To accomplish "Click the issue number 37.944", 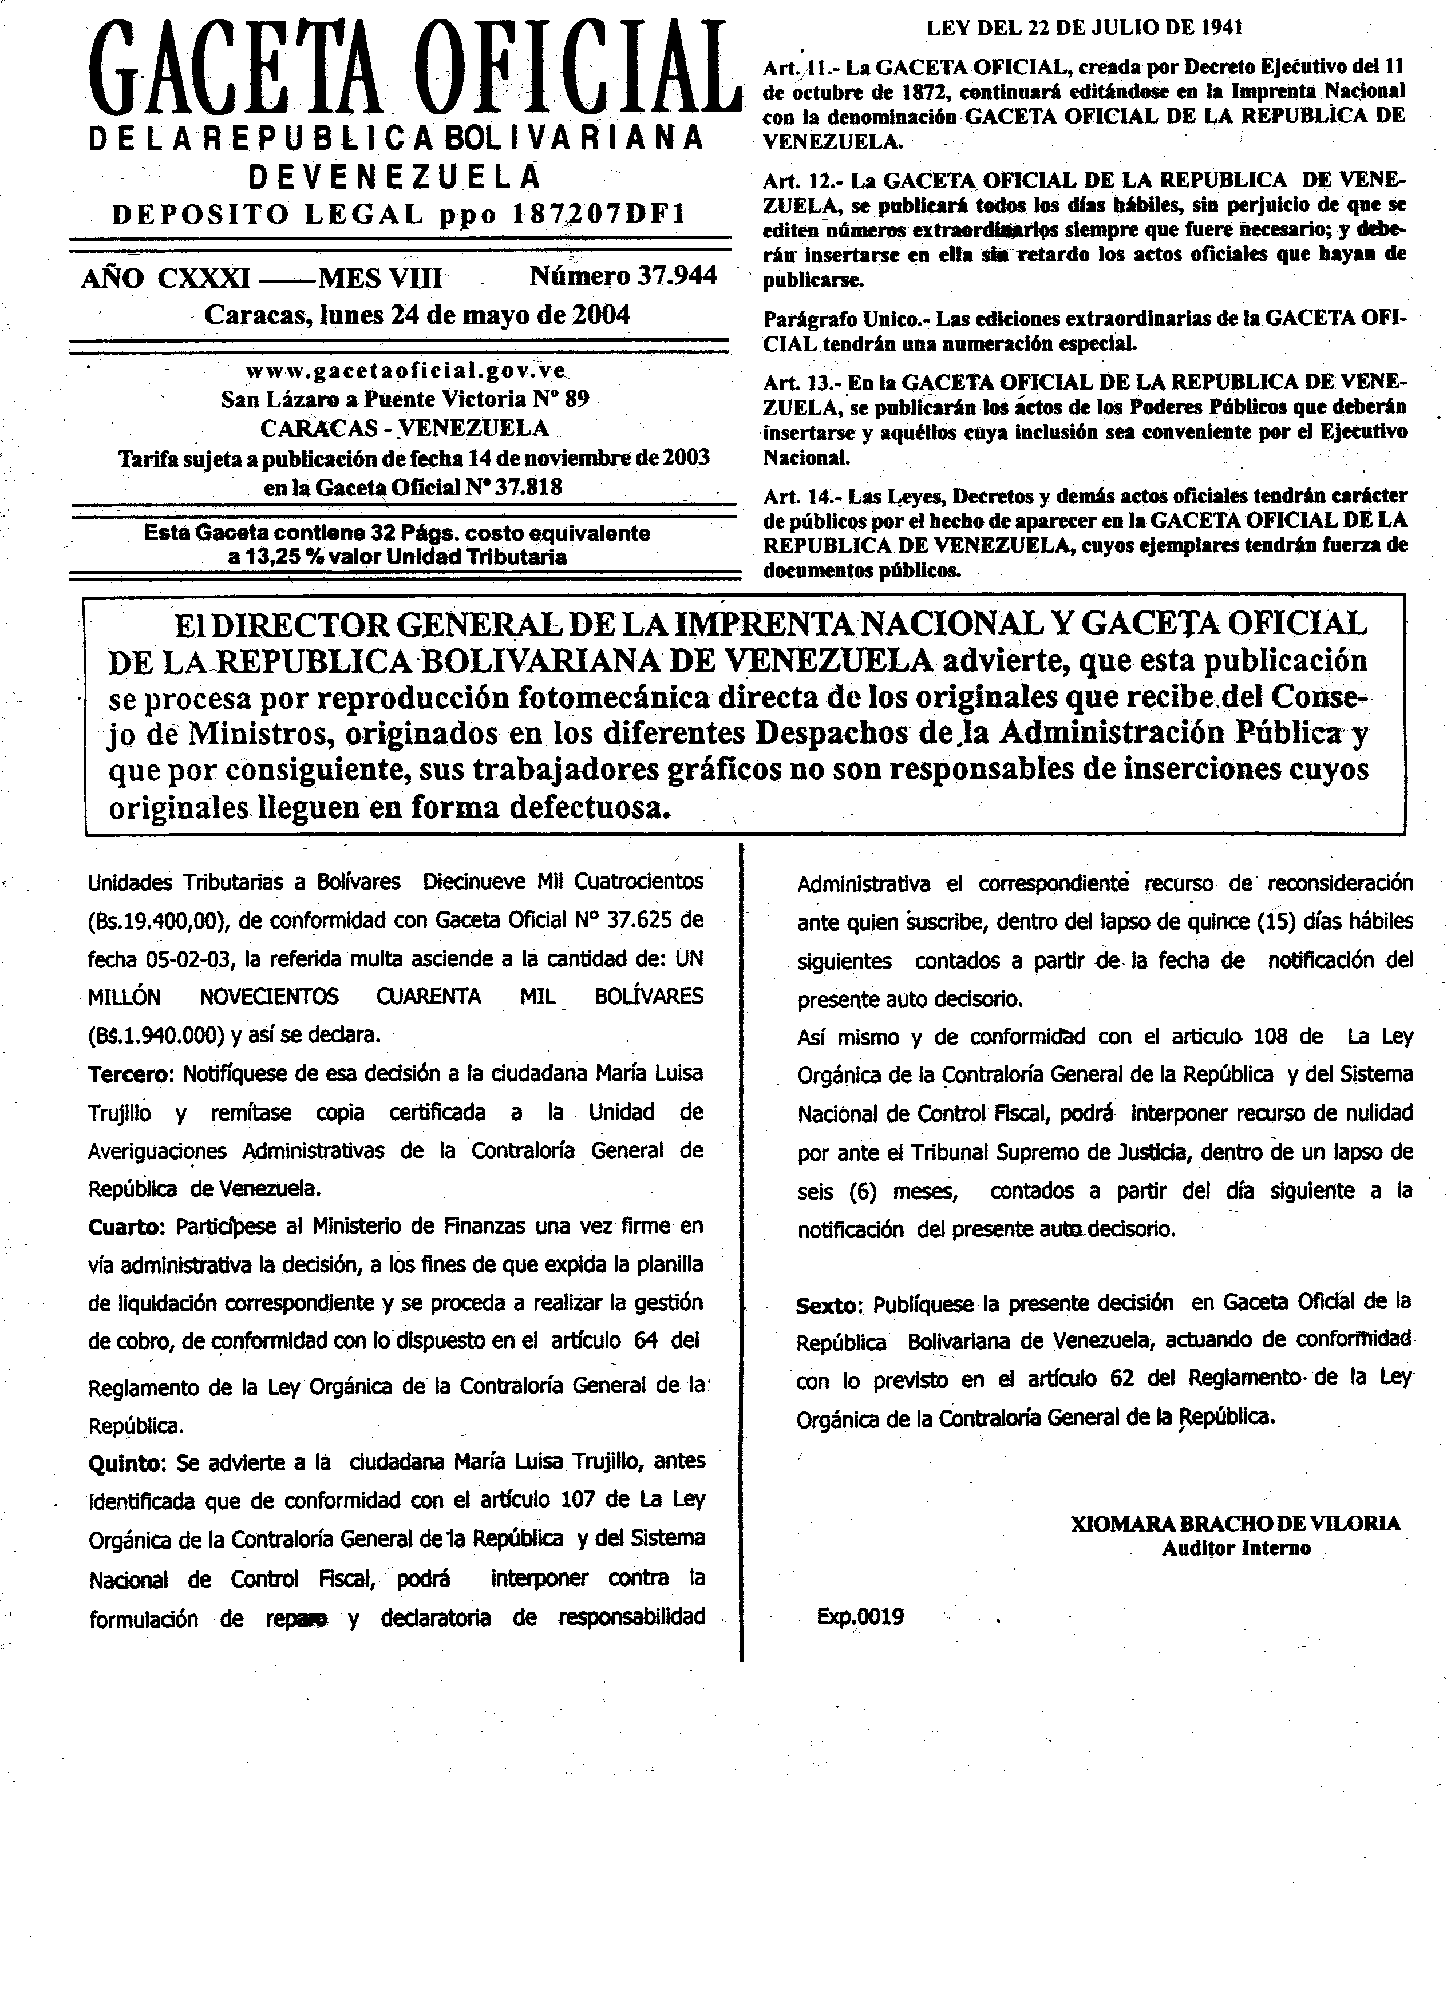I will tap(676, 276).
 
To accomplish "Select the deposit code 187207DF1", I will tap(597, 214).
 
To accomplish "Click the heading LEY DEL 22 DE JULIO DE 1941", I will tap(1084, 28).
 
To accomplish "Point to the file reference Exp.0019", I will tap(860, 1617).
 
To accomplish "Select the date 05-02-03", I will tap(186, 959).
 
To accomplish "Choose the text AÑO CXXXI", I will tap(165, 278).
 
